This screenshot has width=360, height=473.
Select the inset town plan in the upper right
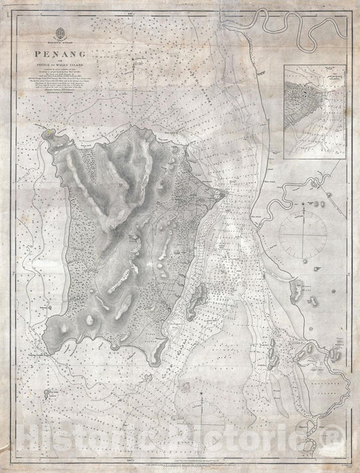click(315, 111)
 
